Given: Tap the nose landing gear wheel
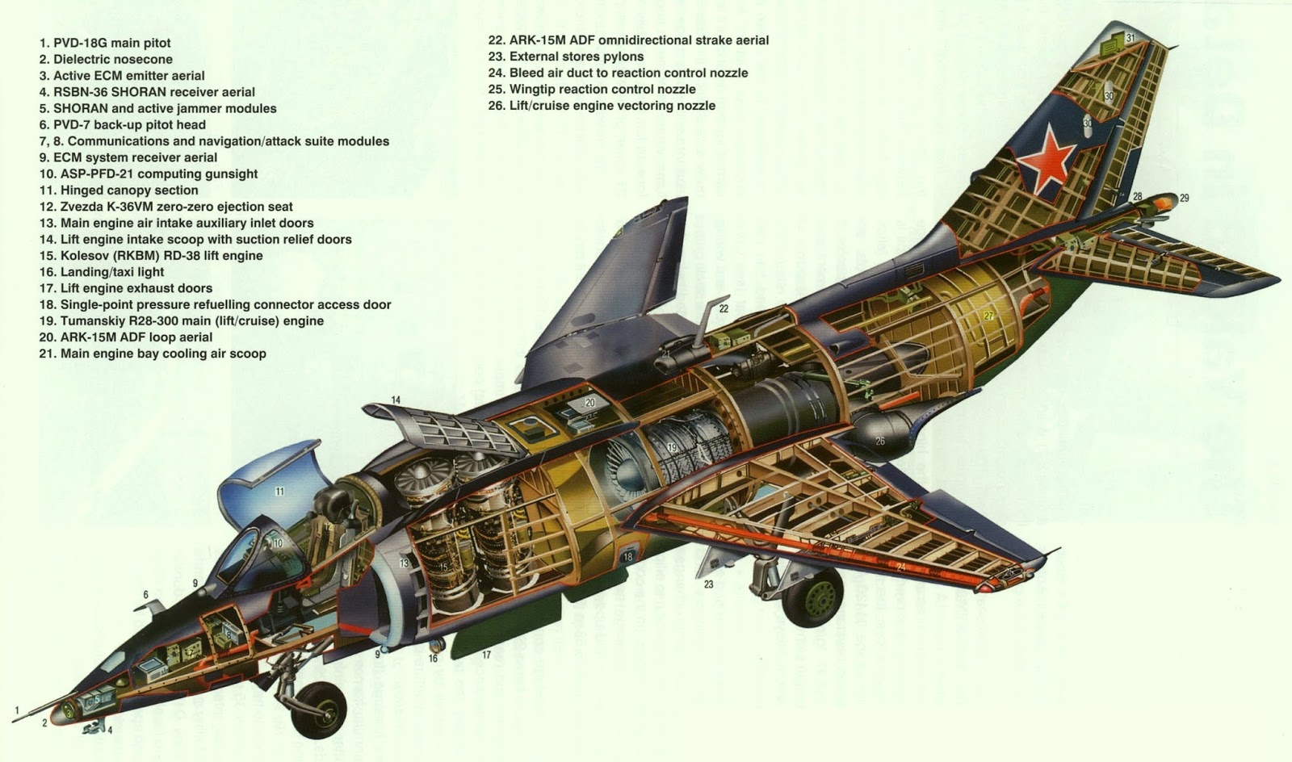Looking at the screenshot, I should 321,709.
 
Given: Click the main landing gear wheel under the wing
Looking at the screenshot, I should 813,597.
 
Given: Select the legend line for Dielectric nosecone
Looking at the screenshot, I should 112,60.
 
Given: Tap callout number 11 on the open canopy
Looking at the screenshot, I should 279,491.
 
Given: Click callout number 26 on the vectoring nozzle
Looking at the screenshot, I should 879,441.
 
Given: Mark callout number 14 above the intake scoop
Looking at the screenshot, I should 396,400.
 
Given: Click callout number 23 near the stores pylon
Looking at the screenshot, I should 708,584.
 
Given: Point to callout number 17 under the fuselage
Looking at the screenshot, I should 486,655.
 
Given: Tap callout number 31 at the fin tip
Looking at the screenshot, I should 1130,38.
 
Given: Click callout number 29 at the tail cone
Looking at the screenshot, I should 1185,198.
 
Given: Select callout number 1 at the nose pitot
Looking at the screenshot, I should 15,710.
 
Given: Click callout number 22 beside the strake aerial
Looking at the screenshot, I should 724,308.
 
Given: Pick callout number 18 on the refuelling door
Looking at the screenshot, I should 627,557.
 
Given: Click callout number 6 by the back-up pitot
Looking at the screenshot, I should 145,595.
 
